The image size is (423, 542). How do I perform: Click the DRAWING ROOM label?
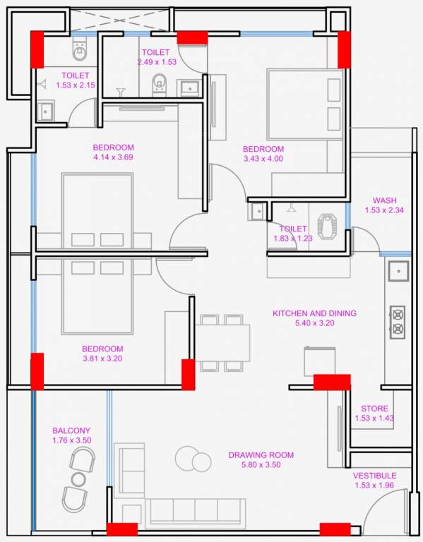pos(261,455)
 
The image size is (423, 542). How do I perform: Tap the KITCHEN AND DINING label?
pos(314,313)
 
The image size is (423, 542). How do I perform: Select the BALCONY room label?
pos(71,430)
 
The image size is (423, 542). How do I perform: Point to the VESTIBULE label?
pos(374,476)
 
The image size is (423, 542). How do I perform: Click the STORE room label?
pos(374,409)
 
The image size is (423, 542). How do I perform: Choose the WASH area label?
pos(384,200)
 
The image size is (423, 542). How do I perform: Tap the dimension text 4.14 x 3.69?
pos(113,157)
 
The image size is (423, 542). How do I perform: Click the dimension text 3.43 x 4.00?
pos(263,159)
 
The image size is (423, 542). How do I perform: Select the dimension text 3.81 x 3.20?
pos(102,359)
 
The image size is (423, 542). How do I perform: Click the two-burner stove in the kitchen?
pos(398,321)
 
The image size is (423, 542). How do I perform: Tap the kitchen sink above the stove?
pos(398,271)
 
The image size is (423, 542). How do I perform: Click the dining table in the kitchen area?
pos(223,342)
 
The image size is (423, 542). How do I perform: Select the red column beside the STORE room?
pos(331,382)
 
